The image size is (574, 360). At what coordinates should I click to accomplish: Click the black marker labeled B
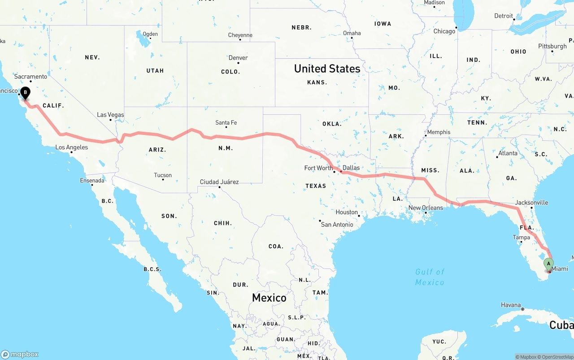pyautogui.click(x=26, y=93)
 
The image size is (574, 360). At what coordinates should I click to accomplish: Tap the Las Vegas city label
pyautogui.click(x=110, y=115)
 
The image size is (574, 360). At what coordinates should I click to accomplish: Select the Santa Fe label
pyautogui.click(x=226, y=123)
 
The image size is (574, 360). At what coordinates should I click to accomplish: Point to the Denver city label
pyautogui.click(x=238, y=58)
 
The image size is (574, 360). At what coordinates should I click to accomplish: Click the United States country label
pyautogui.click(x=327, y=69)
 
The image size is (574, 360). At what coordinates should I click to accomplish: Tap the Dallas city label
pyautogui.click(x=351, y=168)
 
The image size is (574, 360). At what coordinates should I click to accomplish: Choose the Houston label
pyautogui.click(x=347, y=213)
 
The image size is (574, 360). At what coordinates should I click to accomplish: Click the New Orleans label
pyautogui.click(x=426, y=208)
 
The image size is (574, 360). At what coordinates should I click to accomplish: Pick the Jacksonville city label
pyautogui.click(x=531, y=203)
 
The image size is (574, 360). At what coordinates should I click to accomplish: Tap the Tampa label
pyautogui.click(x=522, y=238)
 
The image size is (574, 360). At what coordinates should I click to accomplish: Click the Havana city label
pyautogui.click(x=511, y=305)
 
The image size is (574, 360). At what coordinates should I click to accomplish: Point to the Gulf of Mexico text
pyautogui.click(x=430, y=277)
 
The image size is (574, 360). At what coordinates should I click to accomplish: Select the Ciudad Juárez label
pyautogui.click(x=219, y=182)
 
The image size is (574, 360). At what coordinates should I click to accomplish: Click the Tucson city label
pyautogui.click(x=162, y=175)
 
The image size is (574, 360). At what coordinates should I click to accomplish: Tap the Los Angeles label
pyautogui.click(x=72, y=147)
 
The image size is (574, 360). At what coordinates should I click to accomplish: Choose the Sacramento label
pyautogui.click(x=30, y=77)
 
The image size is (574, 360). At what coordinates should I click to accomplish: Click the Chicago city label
pyautogui.click(x=444, y=31)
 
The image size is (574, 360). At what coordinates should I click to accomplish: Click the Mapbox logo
pyautogui.click(x=20, y=354)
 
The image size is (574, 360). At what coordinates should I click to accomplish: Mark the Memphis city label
pyautogui.click(x=439, y=132)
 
